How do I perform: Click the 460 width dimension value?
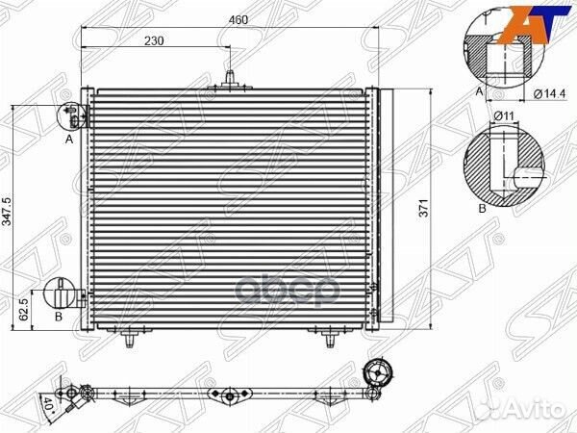point(238,19)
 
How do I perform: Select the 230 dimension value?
point(154,40)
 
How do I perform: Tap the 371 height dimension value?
point(424,208)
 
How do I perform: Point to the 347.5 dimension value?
point(8,212)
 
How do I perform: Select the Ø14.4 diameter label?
point(549,94)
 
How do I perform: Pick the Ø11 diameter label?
point(504,116)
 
